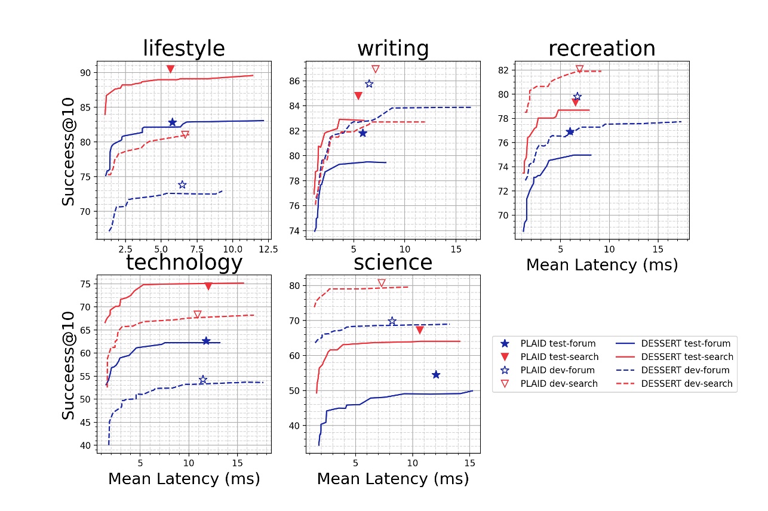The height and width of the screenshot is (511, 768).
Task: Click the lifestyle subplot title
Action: click(183, 48)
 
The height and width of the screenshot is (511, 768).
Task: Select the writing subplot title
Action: click(392, 48)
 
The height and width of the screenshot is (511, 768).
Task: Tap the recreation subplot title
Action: click(601, 48)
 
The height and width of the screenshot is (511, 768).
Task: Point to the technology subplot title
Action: click(183, 262)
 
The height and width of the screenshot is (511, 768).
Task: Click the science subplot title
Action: click(392, 262)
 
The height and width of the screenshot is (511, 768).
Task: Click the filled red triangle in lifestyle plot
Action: click(170, 69)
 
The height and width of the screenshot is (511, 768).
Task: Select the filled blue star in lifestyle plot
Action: click(173, 122)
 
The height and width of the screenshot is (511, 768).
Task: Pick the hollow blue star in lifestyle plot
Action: click(182, 184)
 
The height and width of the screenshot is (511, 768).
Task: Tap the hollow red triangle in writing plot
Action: click(375, 69)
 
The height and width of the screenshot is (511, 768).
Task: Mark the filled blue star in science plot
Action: click(436, 374)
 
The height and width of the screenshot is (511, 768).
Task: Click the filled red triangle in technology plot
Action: click(208, 287)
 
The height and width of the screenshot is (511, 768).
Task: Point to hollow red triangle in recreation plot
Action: click(579, 69)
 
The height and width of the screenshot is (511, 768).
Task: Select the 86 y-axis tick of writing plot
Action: click(294, 81)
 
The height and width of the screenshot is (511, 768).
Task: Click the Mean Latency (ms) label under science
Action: click(392, 479)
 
